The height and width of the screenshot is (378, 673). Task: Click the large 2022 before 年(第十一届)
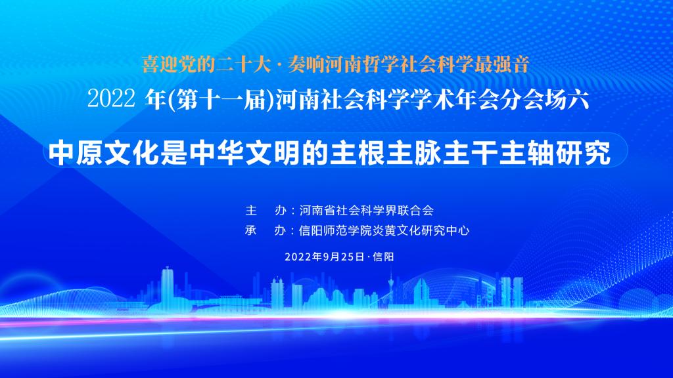click(111, 99)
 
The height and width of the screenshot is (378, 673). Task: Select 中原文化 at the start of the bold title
click(104, 153)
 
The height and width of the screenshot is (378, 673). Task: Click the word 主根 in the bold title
click(358, 153)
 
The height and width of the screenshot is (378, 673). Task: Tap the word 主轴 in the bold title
click(527, 153)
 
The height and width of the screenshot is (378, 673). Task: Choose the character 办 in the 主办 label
click(280, 211)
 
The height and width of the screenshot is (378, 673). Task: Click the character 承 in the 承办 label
click(250, 230)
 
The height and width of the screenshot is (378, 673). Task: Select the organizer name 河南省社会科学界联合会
click(367, 211)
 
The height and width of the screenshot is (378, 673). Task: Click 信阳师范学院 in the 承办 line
click(335, 230)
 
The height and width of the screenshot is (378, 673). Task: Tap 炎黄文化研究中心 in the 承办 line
click(421, 230)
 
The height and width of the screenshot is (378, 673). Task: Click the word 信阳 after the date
click(383, 257)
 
